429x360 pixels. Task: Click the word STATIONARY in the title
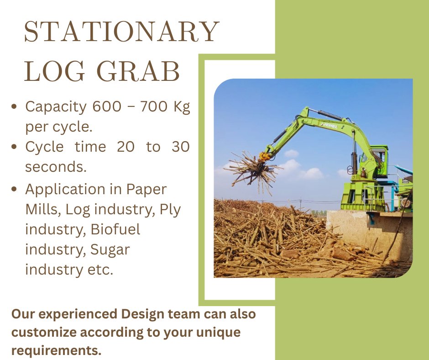[121, 32]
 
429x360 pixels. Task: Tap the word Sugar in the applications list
[110, 249]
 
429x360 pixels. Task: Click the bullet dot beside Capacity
[15, 107]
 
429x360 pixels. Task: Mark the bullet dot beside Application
[15, 189]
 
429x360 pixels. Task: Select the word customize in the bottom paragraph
[42, 333]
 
